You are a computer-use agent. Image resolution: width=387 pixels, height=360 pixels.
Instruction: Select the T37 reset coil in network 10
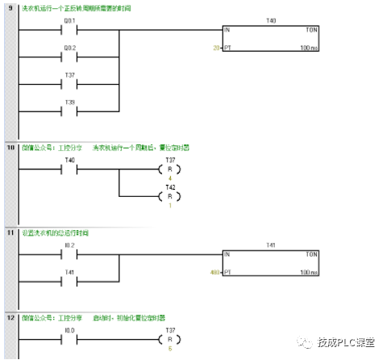pyautogui.click(x=169, y=170)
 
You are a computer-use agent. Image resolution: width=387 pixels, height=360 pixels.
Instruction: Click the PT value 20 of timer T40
pyautogui.click(x=215, y=48)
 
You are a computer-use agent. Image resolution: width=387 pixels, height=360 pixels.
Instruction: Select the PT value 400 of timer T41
pyautogui.click(x=214, y=272)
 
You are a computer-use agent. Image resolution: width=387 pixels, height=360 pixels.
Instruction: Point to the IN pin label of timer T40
pyautogui.click(x=227, y=30)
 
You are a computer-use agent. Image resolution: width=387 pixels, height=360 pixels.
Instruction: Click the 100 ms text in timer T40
pyautogui.click(x=309, y=48)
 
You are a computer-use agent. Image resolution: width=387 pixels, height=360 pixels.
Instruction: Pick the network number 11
pyautogui.click(x=10, y=232)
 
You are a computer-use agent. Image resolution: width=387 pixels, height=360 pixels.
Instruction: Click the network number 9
pyautogui.click(x=10, y=8)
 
